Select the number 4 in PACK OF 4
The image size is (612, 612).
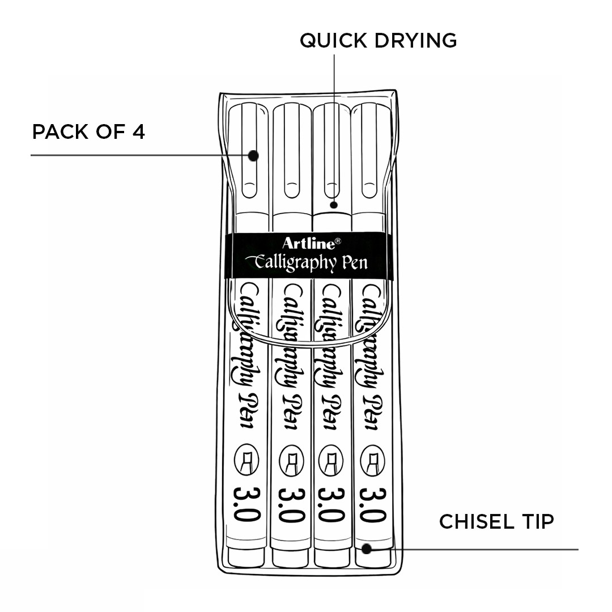(138, 132)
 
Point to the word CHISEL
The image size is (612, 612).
(475, 522)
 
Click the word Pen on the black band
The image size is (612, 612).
(354, 262)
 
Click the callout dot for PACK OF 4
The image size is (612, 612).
(253, 155)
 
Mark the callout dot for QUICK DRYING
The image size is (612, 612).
(334, 205)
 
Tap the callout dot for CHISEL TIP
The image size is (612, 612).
(367, 549)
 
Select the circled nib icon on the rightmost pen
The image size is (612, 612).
(372, 459)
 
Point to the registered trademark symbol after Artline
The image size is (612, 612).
(338, 240)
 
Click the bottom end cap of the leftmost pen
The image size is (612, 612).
(247, 556)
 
